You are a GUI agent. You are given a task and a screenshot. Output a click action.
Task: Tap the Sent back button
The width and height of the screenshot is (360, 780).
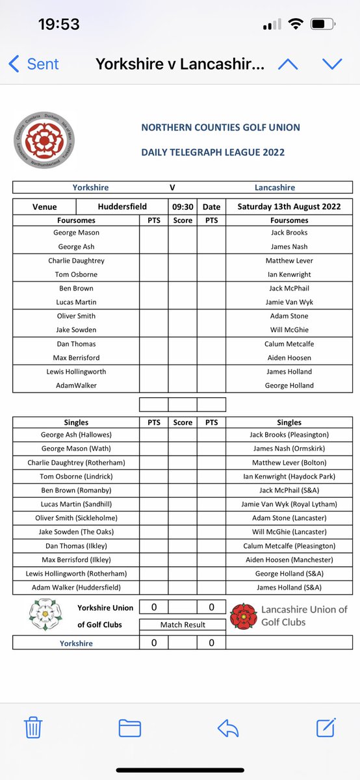pos(34,64)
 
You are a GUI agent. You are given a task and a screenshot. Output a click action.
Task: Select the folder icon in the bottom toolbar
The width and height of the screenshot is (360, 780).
pos(130,727)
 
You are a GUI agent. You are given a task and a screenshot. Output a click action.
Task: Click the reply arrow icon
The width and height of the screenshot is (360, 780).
pos(228,727)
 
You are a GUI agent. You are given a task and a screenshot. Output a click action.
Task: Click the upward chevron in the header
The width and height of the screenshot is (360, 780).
pos(288,64)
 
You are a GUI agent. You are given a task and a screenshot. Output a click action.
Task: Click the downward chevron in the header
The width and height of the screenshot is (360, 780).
pos(332,64)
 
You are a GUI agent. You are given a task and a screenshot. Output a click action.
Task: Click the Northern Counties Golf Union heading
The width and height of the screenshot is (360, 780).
pos(220,127)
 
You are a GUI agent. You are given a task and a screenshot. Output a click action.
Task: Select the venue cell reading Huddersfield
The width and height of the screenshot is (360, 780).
pos(122,207)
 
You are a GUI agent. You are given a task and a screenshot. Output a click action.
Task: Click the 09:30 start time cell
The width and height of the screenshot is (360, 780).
pos(183,207)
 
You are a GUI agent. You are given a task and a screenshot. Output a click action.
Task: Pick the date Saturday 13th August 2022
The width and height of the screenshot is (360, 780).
pos(289,207)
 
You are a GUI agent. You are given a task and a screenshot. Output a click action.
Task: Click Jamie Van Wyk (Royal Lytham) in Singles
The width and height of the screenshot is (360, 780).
pos(289,504)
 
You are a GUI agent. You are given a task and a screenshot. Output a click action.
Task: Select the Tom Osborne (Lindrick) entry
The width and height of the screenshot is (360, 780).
pos(76,476)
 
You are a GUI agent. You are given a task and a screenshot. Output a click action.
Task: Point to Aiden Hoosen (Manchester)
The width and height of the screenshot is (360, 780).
pos(289,560)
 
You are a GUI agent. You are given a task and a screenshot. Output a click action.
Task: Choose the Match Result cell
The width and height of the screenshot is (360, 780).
pos(183,625)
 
